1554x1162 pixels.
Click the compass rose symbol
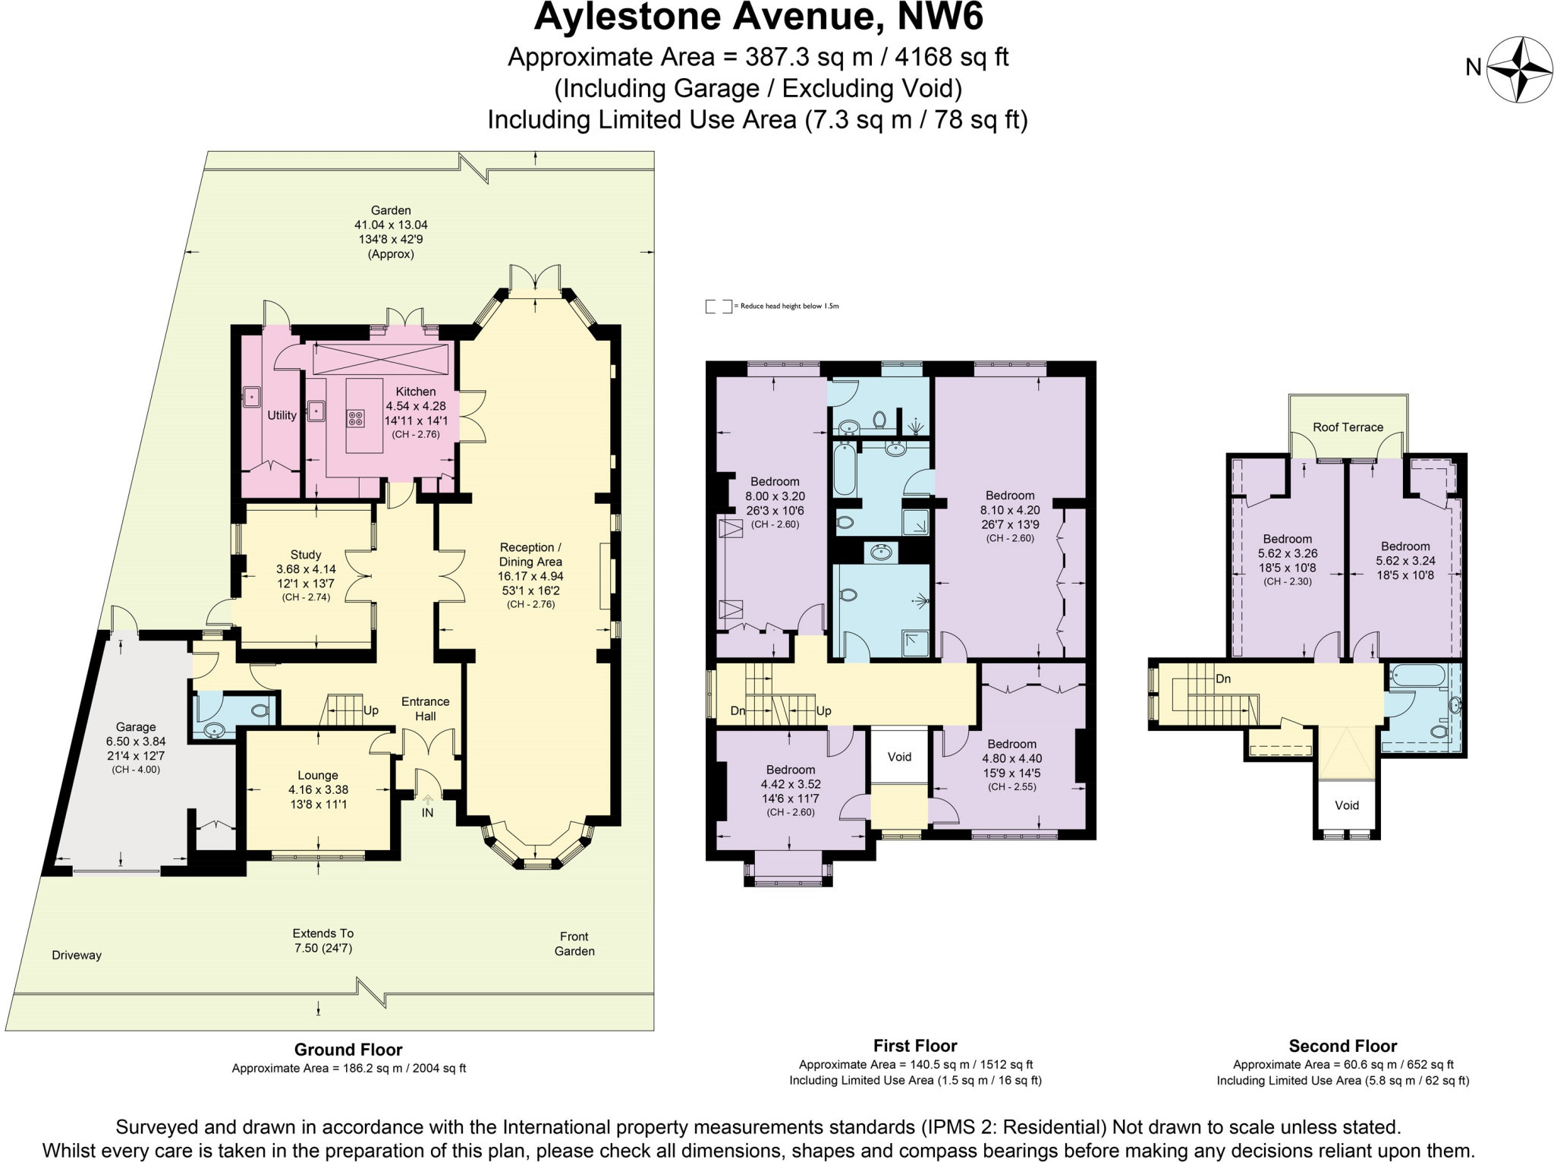(1519, 69)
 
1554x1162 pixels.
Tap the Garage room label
(136, 726)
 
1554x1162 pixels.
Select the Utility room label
(282, 415)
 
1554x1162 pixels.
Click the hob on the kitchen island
(355, 417)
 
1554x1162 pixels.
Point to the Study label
(306, 554)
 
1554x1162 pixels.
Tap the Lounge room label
(318, 775)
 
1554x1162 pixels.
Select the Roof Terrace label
(1348, 427)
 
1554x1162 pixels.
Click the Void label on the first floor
(899, 756)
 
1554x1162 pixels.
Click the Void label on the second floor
(1346, 805)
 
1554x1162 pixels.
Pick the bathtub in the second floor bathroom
(1417, 675)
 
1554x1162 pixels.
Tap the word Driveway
(77, 955)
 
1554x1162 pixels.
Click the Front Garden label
(574, 943)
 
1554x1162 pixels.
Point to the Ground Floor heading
(348, 1049)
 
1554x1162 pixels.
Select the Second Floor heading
(1342, 1045)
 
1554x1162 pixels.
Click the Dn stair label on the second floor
(1222, 679)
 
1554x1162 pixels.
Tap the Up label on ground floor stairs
(371, 710)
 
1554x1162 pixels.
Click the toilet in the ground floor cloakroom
(260, 711)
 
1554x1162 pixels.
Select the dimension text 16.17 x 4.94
(530, 575)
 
